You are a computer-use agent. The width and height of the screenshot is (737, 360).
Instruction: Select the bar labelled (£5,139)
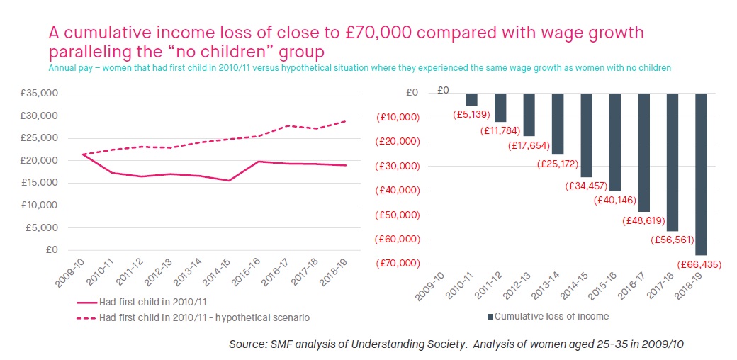pos(471,99)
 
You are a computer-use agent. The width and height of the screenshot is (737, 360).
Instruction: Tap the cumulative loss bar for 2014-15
pos(587,135)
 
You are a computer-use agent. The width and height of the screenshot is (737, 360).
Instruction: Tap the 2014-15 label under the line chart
pos(217,272)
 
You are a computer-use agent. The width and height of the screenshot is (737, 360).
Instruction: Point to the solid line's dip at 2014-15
pos(229,180)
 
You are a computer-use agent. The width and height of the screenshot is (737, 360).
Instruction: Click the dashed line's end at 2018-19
pos(345,121)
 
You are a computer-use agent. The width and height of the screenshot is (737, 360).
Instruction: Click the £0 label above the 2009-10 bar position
pos(442,90)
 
